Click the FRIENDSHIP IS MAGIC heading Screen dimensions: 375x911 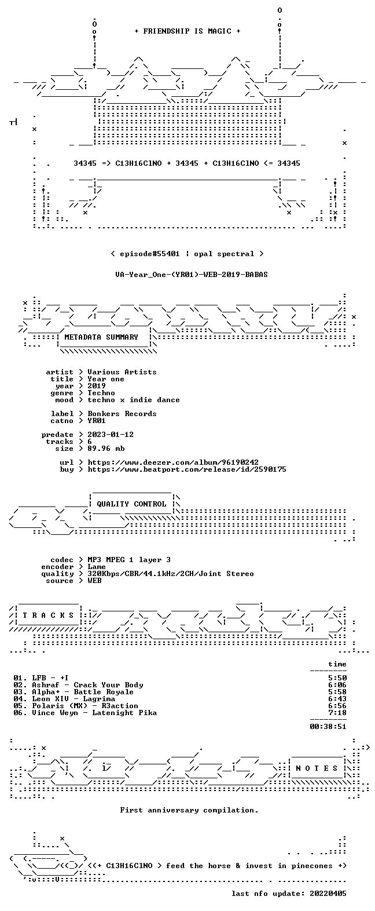click(187, 31)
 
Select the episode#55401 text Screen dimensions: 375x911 click(149, 254)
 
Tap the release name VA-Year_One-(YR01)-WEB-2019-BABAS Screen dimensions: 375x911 click(192, 275)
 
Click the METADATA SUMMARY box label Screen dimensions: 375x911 click(101, 337)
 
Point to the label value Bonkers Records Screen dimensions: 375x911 click(122, 414)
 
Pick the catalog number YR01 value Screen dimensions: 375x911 click(96, 421)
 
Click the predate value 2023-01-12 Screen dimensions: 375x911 click(111, 435)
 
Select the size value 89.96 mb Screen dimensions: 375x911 click(106, 448)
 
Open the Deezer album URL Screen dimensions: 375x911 click(173, 462)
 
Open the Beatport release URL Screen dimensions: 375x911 click(187, 469)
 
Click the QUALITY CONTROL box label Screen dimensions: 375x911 click(131, 504)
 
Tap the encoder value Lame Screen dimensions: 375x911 click(96, 567)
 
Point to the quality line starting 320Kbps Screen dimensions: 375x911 click(171, 574)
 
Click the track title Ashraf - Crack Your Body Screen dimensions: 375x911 click(87, 685)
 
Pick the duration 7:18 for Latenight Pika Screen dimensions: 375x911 click(337, 713)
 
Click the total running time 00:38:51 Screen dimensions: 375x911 click(328, 726)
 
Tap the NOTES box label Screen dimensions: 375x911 click(317, 768)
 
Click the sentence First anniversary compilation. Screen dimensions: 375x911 click(189, 810)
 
